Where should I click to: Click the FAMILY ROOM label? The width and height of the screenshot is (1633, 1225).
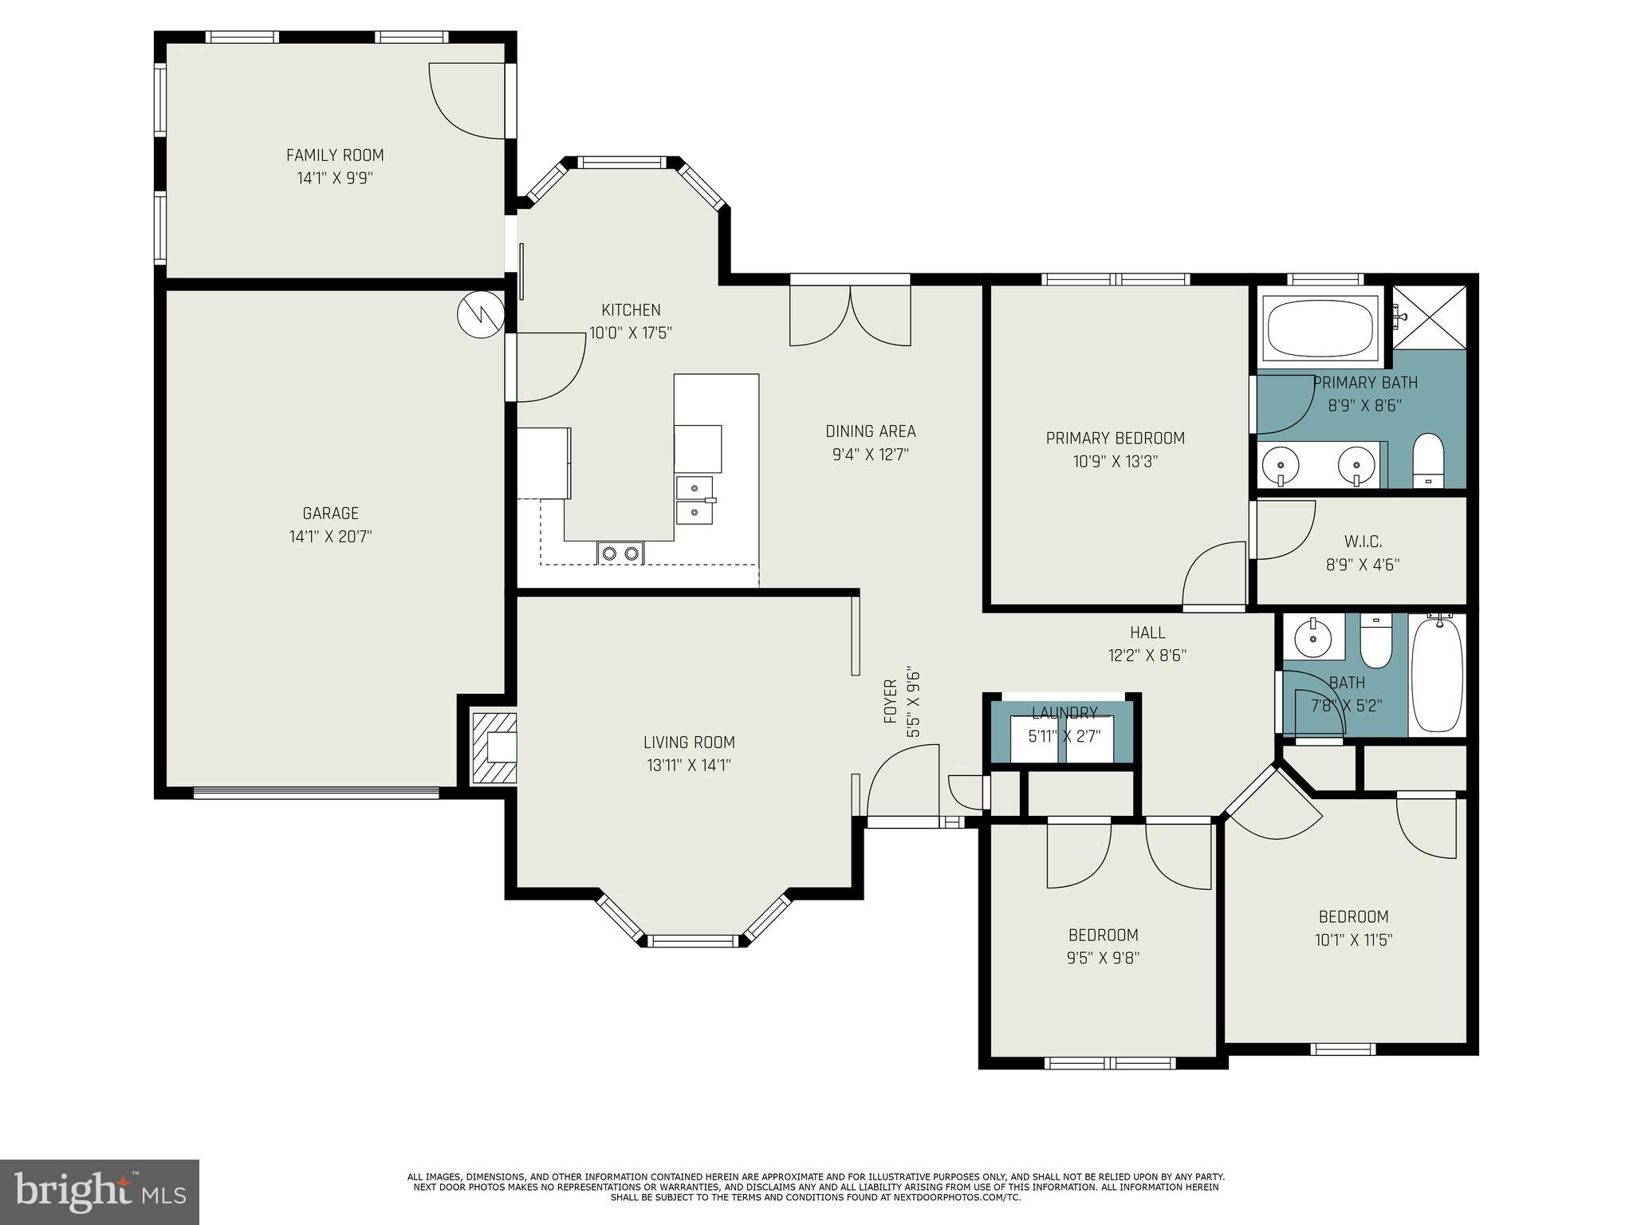tap(335, 156)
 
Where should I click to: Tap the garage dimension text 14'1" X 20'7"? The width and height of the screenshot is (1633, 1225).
tap(330, 537)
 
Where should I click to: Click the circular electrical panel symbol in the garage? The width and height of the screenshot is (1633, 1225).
tap(481, 314)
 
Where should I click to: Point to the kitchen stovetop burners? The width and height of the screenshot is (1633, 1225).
tap(620, 552)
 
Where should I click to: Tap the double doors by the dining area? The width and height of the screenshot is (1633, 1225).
tap(850, 317)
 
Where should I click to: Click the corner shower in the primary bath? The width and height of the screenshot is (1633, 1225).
tap(1430, 317)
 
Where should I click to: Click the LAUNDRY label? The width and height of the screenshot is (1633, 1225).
tap(1064, 713)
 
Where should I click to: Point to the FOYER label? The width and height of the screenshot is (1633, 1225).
tap(891, 701)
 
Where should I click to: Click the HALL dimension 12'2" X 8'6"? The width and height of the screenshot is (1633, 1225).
tap(1147, 656)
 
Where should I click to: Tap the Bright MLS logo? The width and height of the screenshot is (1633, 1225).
tap(99, 1192)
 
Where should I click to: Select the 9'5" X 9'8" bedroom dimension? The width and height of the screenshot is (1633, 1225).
tap(1103, 958)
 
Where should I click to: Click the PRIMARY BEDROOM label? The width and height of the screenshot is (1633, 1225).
tap(1115, 438)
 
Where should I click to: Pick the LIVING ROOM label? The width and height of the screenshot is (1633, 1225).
tap(689, 742)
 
